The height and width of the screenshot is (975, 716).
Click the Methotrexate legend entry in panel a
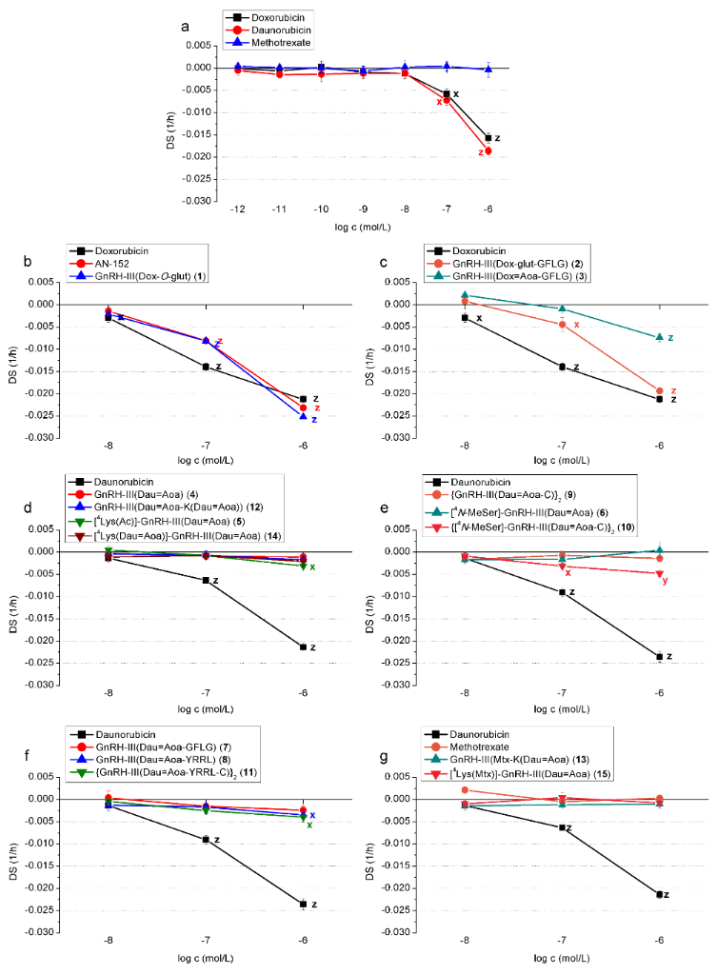click(276, 44)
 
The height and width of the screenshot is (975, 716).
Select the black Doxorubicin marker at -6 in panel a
click(488, 138)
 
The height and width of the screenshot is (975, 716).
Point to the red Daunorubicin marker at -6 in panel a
click(488, 150)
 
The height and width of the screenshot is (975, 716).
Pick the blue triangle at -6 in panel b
click(303, 416)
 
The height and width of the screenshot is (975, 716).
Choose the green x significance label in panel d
click(312, 567)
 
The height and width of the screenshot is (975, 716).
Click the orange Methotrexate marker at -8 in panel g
click(465, 789)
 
